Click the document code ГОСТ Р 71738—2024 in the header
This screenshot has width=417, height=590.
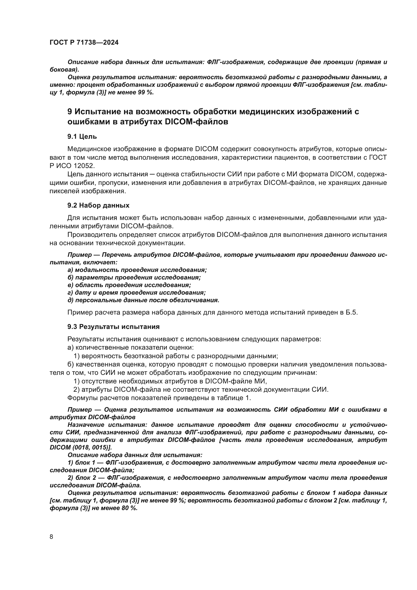coord(84,43)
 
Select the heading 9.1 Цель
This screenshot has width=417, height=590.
coord(82,136)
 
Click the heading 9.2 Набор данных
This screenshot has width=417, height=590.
coord(98,205)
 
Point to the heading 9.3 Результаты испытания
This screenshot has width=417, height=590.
coord(113,327)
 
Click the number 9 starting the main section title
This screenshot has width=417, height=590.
coord(70,111)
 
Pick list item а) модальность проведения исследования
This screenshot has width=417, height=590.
coord(137,270)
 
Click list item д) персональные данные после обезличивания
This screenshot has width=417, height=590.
coord(143,300)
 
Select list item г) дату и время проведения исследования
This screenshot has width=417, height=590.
coord(137,292)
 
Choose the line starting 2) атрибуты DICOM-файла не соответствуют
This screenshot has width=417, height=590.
coord(201,389)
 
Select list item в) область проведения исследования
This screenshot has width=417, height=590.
coord(129,285)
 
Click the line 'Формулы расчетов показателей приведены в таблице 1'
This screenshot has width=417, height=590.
coord(159,398)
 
